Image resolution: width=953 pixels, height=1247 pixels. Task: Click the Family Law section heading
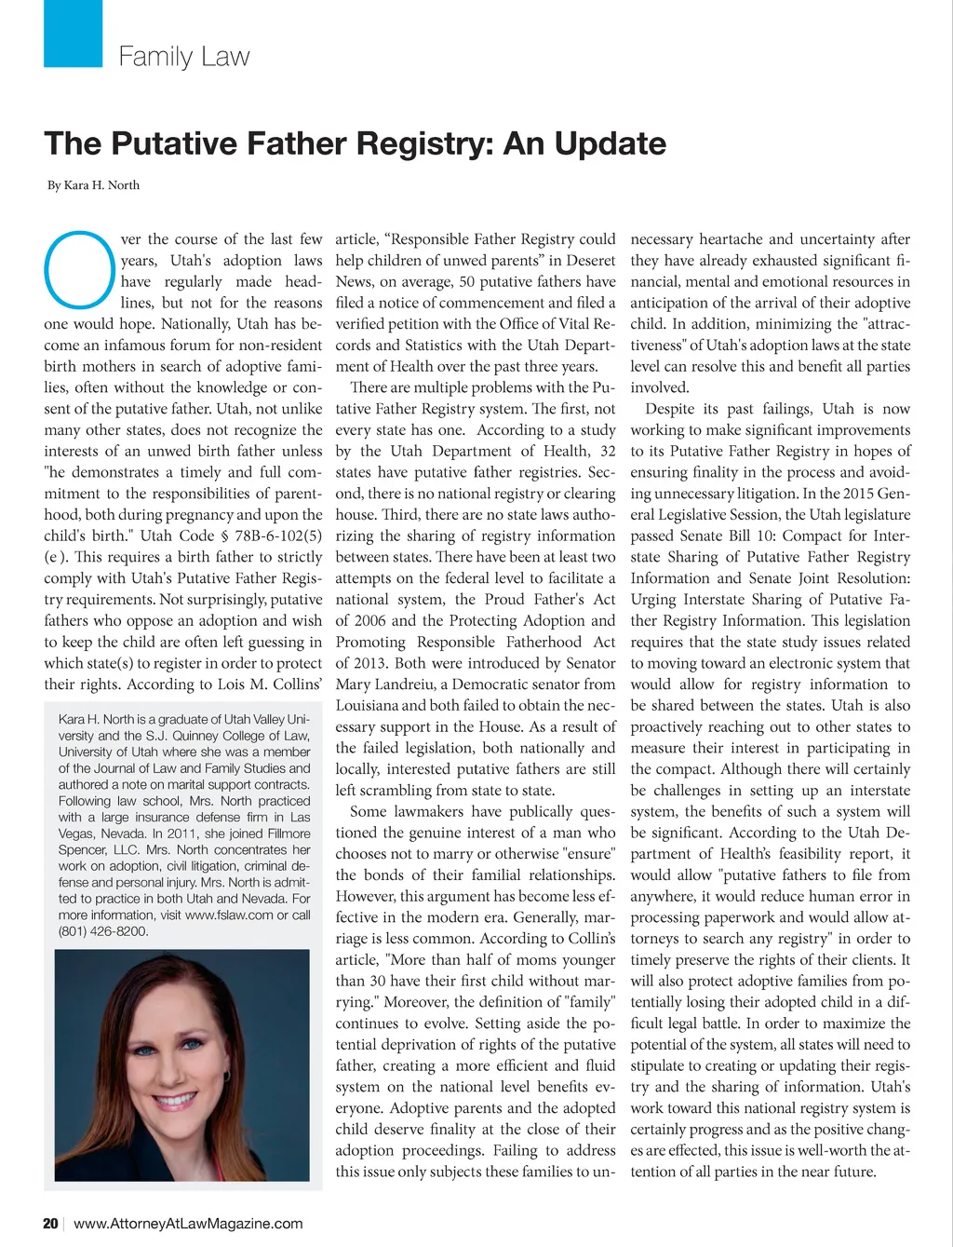(183, 57)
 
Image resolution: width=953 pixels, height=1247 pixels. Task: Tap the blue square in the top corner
(73, 33)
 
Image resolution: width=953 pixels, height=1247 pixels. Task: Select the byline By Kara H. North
(93, 185)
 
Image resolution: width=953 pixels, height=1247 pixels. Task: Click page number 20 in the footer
(50, 1223)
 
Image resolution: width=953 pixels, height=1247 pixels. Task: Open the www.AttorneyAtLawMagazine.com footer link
(188, 1223)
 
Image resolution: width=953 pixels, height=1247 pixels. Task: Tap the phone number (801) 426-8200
(103, 931)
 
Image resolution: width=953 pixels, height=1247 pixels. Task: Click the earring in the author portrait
(226, 1076)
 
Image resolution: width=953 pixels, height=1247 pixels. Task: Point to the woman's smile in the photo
(177, 1102)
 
